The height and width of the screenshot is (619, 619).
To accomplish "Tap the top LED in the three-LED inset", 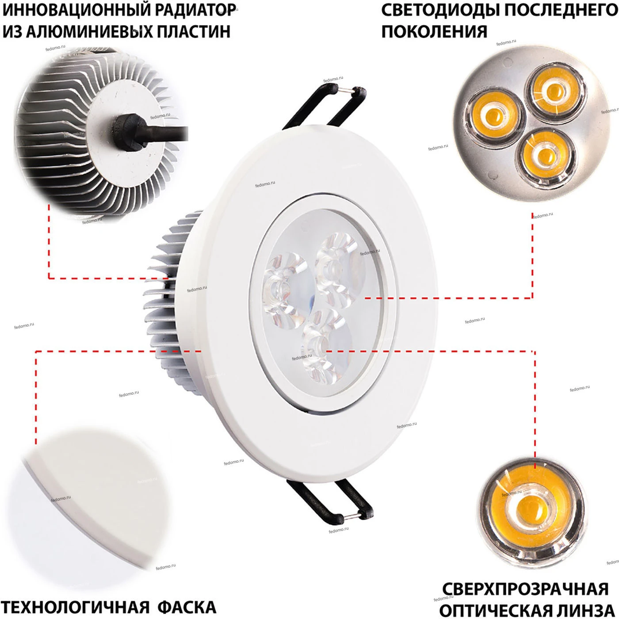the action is pyautogui.click(x=555, y=90).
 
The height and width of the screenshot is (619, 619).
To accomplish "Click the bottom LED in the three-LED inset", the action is pyautogui.click(x=545, y=156).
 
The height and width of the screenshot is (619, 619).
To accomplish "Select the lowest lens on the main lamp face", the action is pyautogui.click(x=325, y=347).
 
